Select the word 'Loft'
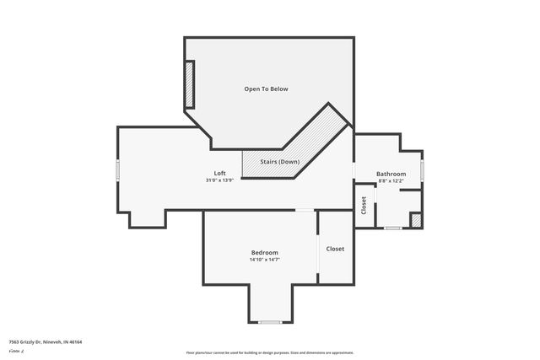click(219, 173)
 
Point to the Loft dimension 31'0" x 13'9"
click(219, 180)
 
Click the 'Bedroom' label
click(264, 253)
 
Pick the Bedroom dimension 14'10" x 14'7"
click(264, 260)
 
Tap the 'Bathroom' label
click(391, 174)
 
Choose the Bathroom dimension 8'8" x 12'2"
click(391, 180)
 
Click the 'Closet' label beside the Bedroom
click(335, 249)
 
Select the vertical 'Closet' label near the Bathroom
click(364, 206)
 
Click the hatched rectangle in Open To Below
click(190, 84)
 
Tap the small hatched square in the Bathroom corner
click(415, 220)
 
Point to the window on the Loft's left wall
click(118, 170)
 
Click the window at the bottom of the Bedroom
click(270, 322)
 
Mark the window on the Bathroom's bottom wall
click(392, 228)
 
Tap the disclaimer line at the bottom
click(270, 352)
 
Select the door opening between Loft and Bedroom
click(305, 210)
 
